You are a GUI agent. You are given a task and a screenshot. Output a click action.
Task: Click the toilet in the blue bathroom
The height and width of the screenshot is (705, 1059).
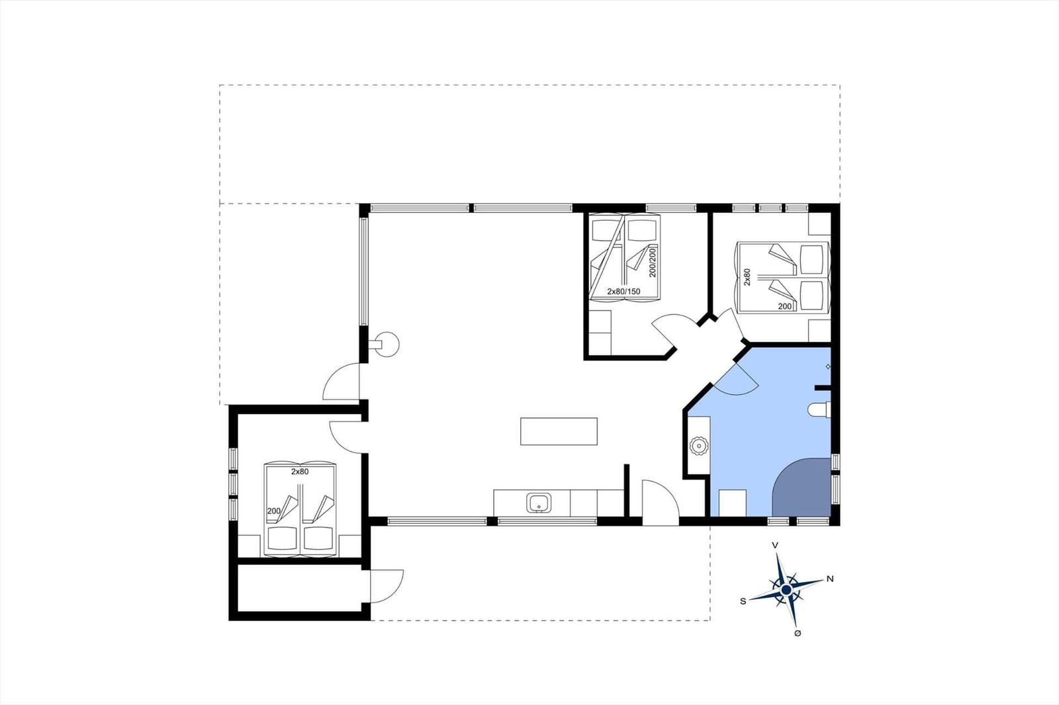tap(819, 409)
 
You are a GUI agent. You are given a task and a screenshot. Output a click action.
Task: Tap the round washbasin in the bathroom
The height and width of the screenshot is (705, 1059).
tap(698, 446)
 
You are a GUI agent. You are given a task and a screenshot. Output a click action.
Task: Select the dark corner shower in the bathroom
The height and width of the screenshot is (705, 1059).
tap(802, 487)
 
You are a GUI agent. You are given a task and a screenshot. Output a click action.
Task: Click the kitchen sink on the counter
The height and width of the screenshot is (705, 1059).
tap(539, 503)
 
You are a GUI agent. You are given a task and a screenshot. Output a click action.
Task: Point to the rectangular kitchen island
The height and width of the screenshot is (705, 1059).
tap(559, 431)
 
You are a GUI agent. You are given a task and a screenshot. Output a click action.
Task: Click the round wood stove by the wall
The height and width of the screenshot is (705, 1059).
tap(387, 345)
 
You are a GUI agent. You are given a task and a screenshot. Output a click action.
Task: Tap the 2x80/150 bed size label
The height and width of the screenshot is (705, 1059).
tap(623, 292)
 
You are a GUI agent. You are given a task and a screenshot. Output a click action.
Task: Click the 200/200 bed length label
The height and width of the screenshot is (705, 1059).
tap(653, 263)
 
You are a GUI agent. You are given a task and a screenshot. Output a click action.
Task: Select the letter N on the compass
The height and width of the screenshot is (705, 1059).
tap(830, 579)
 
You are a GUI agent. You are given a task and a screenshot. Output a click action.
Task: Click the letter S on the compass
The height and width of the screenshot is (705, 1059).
tap(743, 601)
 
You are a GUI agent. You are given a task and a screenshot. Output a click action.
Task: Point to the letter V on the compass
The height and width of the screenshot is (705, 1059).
tap(775, 545)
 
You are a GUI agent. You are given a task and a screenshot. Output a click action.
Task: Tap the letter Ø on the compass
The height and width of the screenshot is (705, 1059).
tap(798, 633)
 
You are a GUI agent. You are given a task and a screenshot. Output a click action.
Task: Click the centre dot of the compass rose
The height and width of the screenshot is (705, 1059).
tap(786, 590)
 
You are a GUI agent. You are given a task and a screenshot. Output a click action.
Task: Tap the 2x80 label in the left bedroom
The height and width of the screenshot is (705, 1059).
tap(300, 472)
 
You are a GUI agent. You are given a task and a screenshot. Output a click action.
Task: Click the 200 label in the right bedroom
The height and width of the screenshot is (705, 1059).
tap(785, 306)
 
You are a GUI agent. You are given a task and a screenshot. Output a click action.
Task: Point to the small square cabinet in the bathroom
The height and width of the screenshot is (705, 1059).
tap(732, 503)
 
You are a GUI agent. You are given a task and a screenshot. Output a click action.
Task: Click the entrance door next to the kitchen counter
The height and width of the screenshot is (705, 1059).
tap(661, 503)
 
